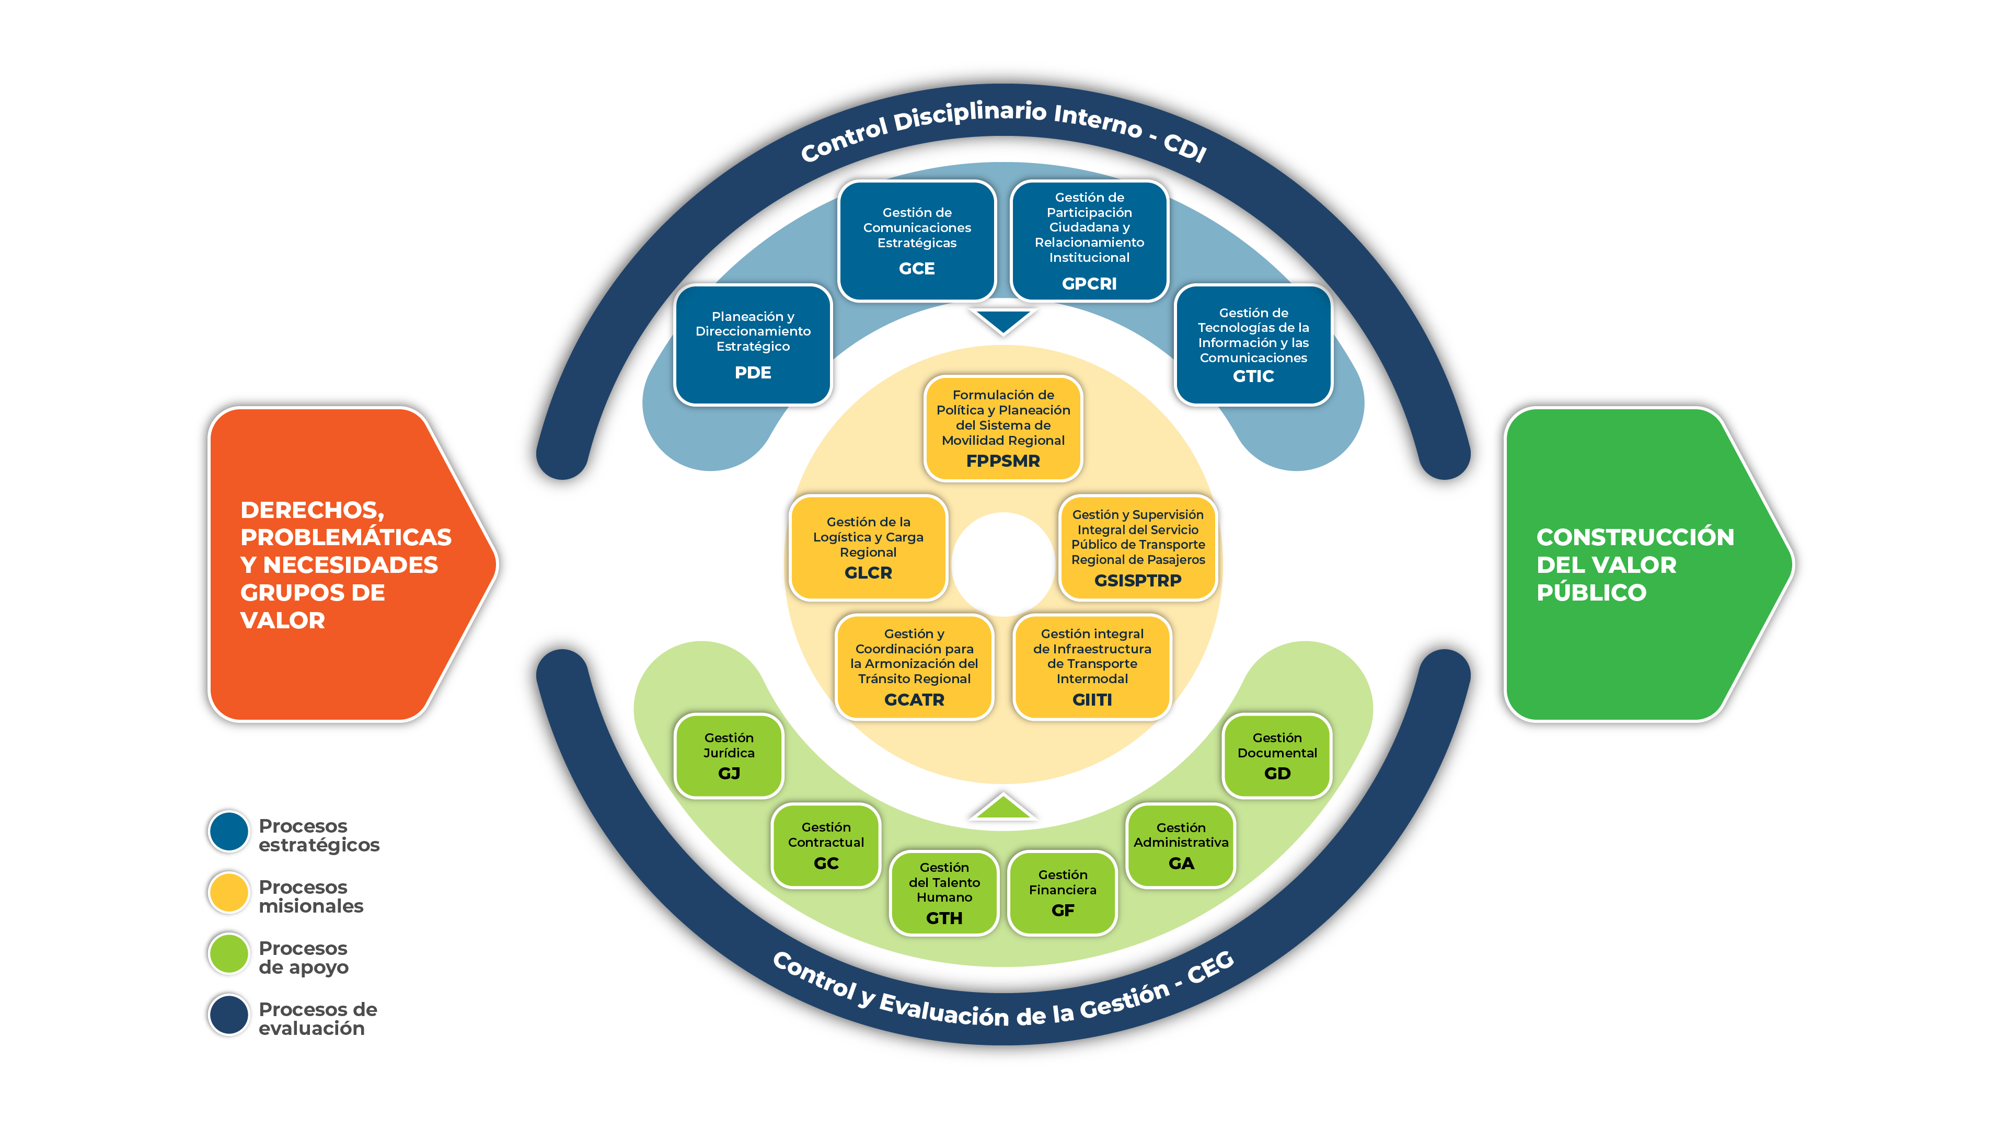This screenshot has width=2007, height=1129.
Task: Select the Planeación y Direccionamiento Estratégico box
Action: [x=753, y=344]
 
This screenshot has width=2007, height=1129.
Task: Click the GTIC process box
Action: [x=1253, y=344]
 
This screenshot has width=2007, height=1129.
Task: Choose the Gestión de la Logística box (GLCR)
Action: [x=868, y=547]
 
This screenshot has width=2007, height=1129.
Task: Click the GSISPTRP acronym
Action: [x=1137, y=581]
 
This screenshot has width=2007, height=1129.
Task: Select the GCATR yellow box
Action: [x=914, y=666]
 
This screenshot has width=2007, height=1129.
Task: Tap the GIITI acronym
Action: [x=1091, y=700]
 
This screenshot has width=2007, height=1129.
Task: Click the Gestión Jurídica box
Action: [x=729, y=755]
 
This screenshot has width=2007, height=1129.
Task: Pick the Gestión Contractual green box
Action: [x=826, y=845]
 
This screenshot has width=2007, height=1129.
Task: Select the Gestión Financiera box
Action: [x=1062, y=892]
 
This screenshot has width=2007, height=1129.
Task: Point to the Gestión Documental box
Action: [x=1277, y=755]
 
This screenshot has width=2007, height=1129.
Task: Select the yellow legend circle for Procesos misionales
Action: [x=228, y=892]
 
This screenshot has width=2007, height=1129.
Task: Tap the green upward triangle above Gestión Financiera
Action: [x=1003, y=807]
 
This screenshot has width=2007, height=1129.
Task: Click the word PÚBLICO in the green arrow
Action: [x=1591, y=593]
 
